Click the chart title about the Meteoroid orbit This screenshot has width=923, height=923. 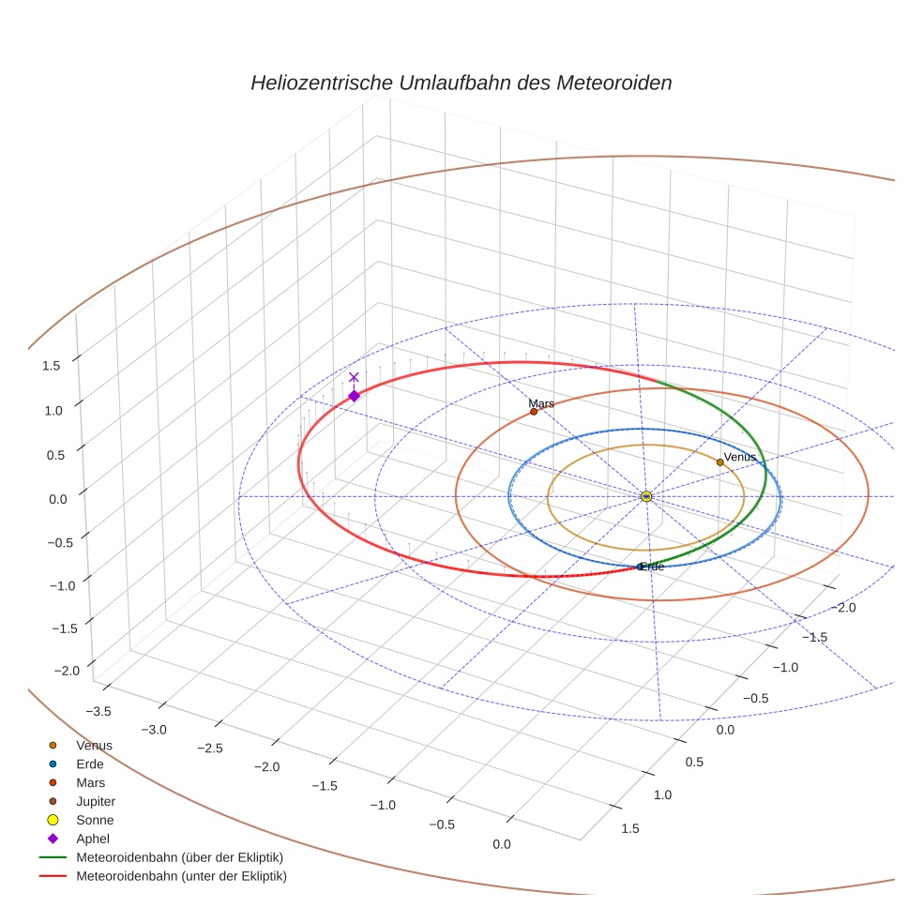(461, 83)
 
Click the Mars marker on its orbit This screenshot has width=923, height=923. (534, 412)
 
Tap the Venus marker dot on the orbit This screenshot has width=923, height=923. (719, 461)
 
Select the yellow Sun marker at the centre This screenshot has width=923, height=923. (646, 496)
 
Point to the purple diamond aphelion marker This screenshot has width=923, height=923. (354, 396)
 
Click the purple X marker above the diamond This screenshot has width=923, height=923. (354, 377)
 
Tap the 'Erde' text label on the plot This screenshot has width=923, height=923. (653, 567)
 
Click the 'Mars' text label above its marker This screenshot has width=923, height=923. (541, 403)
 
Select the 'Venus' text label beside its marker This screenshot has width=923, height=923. (741, 457)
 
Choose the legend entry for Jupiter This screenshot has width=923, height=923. (96, 801)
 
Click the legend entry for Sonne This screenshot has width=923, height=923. (95, 820)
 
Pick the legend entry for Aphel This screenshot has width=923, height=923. (93, 839)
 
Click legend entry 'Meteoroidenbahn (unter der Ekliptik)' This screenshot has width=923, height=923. (181, 876)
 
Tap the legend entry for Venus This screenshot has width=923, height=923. (94, 745)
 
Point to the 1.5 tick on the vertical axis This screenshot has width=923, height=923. (52, 366)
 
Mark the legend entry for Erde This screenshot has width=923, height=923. (90, 764)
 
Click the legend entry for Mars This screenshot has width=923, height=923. (91, 782)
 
